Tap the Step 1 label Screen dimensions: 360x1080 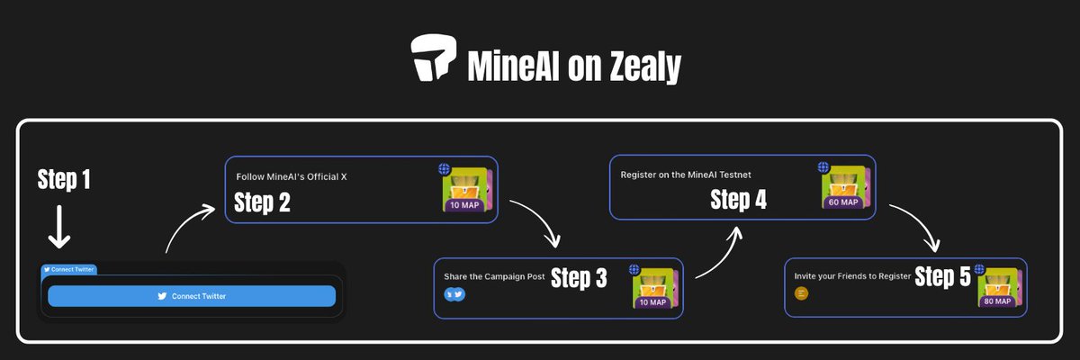coord(64,180)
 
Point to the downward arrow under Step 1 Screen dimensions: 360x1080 coord(59,227)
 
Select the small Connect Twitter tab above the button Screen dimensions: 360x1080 coord(69,269)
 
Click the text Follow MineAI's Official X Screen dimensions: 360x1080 coord(292,177)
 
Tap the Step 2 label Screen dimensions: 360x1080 coord(262,203)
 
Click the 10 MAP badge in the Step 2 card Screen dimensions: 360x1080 coord(465,205)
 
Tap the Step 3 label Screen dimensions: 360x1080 coord(578,279)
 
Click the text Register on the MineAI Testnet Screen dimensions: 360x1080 coord(686,174)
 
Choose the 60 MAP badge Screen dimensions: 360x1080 coord(843,202)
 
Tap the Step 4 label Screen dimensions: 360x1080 coord(738,200)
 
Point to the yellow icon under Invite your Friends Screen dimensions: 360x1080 coord(802,292)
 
